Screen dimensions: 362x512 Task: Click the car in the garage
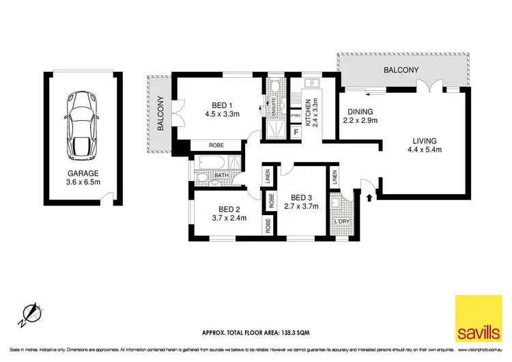(81, 122)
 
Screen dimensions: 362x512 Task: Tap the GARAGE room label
(81, 173)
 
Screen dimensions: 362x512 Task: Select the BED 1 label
(216, 105)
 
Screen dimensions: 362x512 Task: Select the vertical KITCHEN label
(308, 109)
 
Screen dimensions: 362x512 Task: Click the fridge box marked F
(296, 130)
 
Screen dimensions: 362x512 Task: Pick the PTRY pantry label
(296, 115)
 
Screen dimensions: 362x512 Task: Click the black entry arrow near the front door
(371, 198)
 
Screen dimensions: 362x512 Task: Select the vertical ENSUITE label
(281, 108)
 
